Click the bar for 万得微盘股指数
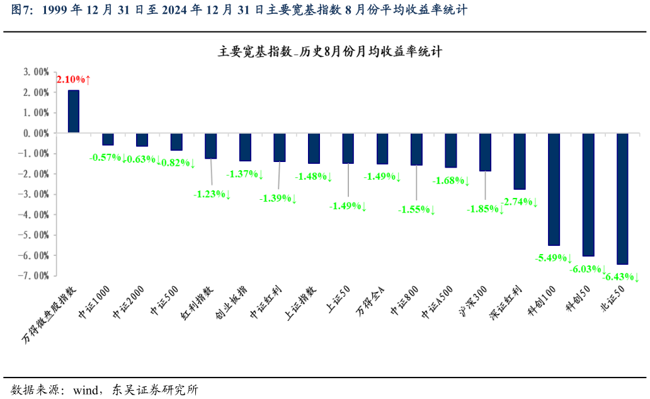(x=74, y=111)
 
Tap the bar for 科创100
(x=554, y=189)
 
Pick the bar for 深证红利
(x=520, y=161)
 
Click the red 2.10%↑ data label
(x=74, y=79)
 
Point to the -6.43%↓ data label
(x=621, y=277)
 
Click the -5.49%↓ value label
(x=554, y=258)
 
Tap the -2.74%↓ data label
(x=520, y=202)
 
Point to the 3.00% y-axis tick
(x=37, y=72)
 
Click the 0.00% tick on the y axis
(x=37, y=133)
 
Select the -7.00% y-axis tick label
(x=35, y=275)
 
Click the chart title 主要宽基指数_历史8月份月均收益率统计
(x=330, y=52)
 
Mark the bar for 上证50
(x=348, y=148)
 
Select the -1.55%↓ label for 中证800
(x=416, y=209)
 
